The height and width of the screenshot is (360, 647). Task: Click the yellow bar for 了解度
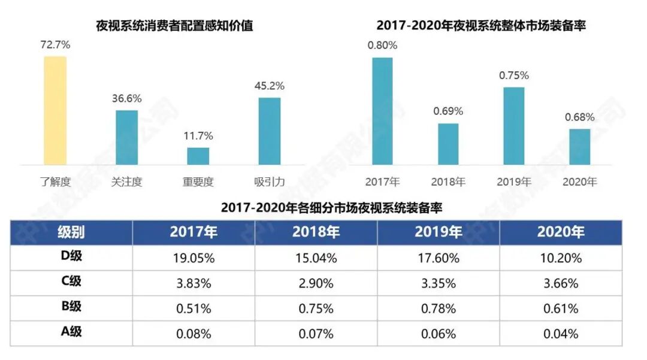(x=55, y=110)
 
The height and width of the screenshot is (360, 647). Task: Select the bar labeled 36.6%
(x=126, y=137)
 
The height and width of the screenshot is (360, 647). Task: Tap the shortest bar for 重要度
(x=198, y=156)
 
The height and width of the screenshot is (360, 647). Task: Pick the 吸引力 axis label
(x=270, y=181)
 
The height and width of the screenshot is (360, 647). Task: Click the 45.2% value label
(x=270, y=86)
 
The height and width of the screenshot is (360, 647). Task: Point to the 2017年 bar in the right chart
(x=382, y=111)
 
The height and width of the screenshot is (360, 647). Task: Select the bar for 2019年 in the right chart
(x=513, y=126)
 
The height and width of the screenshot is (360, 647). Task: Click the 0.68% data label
(x=579, y=117)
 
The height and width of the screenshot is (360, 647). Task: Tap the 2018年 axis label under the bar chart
(x=448, y=181)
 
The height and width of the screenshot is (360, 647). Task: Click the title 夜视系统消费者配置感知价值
(x=174, y=26)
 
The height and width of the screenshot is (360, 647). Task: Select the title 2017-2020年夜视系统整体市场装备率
(x=481, y=26)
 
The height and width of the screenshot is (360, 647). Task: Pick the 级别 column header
(x=71, y=232)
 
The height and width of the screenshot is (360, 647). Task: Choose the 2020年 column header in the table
(x=560, y=232)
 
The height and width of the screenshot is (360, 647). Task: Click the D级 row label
(x=71, y=258)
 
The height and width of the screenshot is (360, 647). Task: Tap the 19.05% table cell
(x=194, y=258)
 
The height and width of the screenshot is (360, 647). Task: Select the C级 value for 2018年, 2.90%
(x=316, y=283)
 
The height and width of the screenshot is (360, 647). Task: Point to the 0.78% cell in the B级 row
(x=438, y=308)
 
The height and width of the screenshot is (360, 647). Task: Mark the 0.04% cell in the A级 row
(x=560, y=334)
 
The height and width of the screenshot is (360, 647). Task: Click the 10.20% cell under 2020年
(x=560, y=258)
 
